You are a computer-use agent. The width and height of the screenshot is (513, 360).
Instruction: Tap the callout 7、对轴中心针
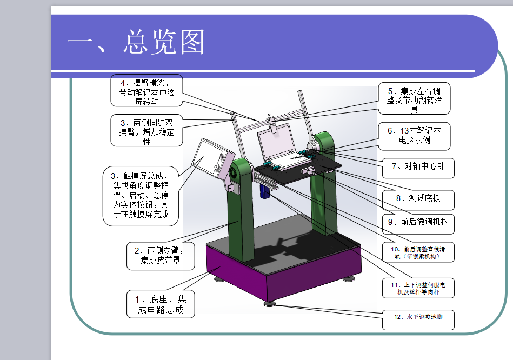[418, 166]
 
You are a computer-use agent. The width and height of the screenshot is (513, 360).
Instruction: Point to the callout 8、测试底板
[418, 198]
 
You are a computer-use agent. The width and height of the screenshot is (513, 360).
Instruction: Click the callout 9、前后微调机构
[418, 222]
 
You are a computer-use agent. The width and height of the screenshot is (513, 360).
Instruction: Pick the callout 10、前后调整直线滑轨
[418, 252]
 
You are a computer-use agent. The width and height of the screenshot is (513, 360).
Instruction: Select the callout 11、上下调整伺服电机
[418, 288]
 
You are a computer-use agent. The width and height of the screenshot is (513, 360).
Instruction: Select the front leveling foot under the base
[269, 304]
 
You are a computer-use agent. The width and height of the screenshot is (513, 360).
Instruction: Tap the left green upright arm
[241, 216]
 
